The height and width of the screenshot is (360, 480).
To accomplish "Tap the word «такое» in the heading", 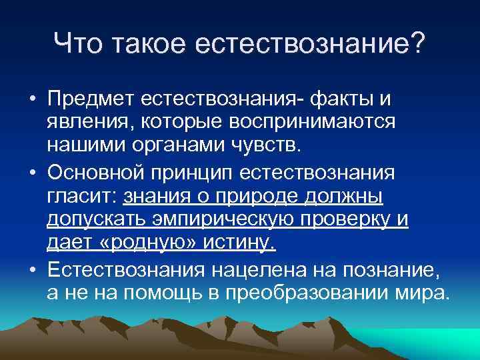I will (148, 45).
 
